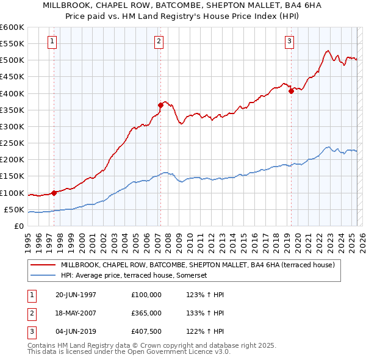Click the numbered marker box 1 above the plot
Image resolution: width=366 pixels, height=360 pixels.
[52, 41]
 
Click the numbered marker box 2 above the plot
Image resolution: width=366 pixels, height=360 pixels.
[159, 41]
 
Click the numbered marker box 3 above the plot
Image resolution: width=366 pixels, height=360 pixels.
[289, 41]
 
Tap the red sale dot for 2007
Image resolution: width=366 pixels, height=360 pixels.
[160, 105]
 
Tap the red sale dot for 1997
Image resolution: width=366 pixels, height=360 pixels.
[54, 193]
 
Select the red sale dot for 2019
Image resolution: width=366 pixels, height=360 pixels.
[291, 91]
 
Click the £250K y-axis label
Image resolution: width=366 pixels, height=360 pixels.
[12, 143]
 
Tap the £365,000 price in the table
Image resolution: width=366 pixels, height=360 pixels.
[146, 312]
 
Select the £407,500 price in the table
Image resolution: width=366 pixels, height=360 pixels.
[146, 331]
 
